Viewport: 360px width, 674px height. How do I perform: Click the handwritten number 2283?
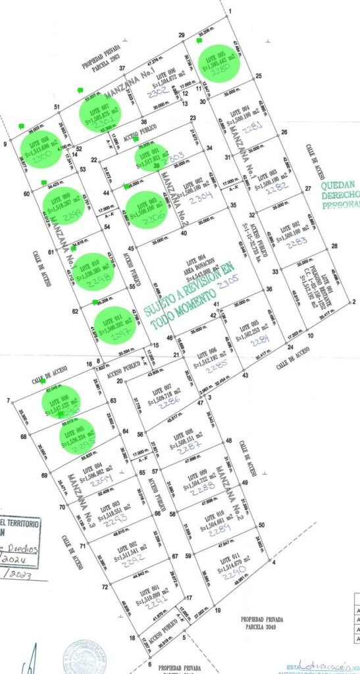297,242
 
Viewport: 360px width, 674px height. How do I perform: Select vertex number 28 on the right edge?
334,246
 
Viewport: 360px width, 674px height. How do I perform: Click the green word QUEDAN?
339,185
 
